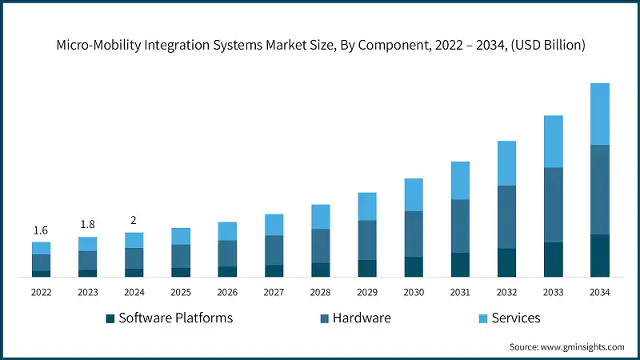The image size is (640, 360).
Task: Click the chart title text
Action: coord(320,46)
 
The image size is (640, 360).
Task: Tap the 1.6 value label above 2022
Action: coord(41,230)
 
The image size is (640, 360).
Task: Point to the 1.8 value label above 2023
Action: coord(87,225)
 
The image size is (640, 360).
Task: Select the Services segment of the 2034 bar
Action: coord(599,114)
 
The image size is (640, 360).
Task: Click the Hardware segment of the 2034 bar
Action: coord(599,190)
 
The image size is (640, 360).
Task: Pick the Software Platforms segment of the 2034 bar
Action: coord(599,255)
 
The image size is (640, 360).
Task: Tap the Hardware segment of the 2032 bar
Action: coord(506,217)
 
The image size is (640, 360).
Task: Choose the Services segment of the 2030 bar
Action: coord(414,194)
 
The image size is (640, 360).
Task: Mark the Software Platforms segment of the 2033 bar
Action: coord(553,259)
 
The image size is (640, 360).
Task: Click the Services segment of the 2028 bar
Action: coord(320,217)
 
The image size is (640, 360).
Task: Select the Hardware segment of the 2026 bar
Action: coord(227,253)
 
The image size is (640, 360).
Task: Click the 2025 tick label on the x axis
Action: coord(181,293)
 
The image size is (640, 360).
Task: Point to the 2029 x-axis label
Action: coord(366,293)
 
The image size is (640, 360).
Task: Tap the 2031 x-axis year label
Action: coord(460,293)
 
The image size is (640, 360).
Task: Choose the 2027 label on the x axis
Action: coord(274,293)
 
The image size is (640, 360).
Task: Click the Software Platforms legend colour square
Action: coord(110,318)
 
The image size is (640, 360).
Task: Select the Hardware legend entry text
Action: coord(362,318)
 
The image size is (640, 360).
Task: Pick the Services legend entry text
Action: coord(515,318)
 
